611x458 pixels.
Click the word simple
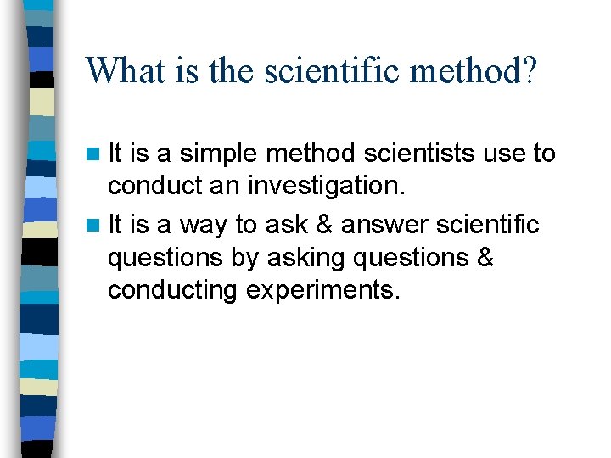pyautogui.click(x=219, y=154)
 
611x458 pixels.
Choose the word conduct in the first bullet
pyautogui.click(x=154, y=185)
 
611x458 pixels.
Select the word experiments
pyautogui.click(x=323, y=290)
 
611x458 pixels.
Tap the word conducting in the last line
pyautogui.click(x=172, y=290)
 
